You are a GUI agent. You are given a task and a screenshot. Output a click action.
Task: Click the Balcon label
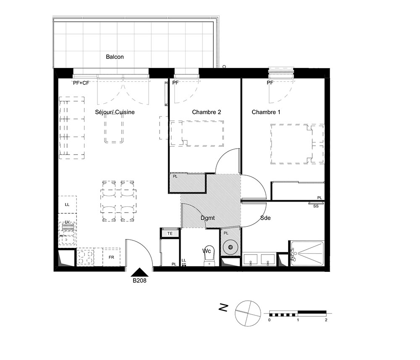(115, 57)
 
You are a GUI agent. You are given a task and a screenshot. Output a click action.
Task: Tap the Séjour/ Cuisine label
(115, 112)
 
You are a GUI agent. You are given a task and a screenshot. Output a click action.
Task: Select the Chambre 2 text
(207, 112)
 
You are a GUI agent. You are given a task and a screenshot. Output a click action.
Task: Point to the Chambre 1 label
(266, 112)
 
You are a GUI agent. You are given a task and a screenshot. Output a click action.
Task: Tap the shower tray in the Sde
(307, 253)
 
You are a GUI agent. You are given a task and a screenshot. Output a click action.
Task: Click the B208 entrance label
(139, 281)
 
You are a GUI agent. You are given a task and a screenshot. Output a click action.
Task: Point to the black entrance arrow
(139, 272)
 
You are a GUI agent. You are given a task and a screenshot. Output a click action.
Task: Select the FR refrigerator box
(111, 257)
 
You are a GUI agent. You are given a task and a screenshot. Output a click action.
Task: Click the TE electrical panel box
(170, 233)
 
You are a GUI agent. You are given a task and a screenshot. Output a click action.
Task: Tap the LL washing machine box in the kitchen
(67, 205)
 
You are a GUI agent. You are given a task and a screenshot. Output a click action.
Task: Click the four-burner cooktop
(85, 257)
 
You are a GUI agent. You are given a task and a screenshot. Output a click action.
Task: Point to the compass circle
(248, 313)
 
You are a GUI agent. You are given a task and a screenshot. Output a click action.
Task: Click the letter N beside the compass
(223, 308)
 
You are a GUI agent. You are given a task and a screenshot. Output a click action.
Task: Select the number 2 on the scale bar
(326, 320)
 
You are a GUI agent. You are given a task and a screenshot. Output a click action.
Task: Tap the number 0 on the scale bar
(269, 320)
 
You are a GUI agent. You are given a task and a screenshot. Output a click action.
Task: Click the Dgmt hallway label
(207, 218)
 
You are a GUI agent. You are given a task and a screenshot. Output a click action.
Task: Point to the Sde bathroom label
(265, 218)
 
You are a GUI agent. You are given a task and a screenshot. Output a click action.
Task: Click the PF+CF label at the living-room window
(81, 83)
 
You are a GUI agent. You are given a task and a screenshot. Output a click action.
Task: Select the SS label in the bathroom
(316, 206)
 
